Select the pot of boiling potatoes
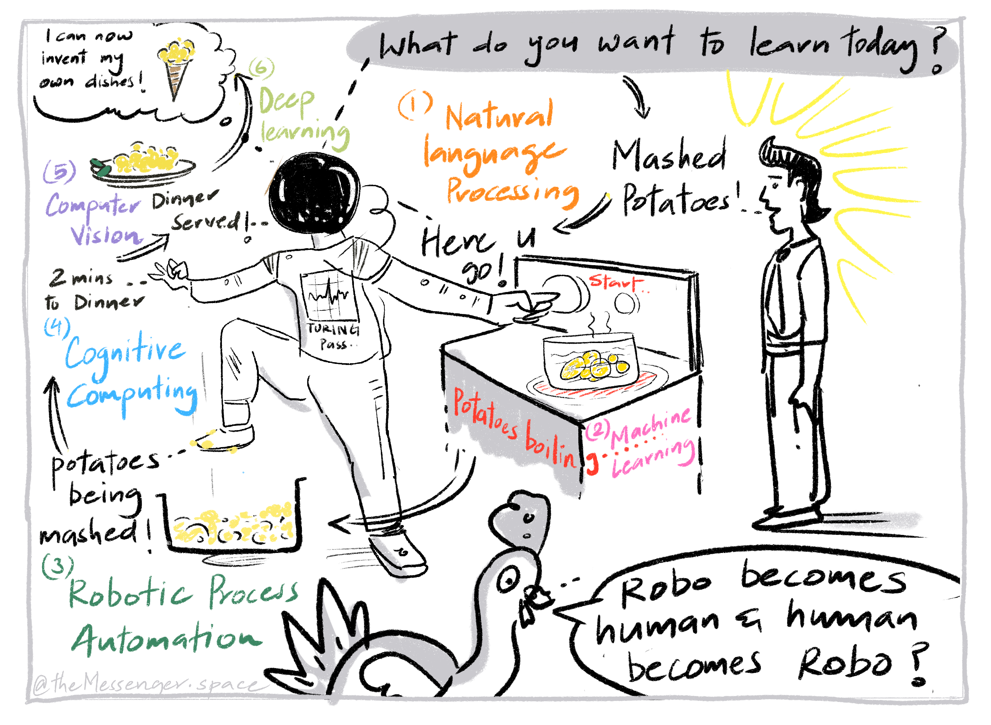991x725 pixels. click(590, 360)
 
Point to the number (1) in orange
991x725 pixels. click(414, 105)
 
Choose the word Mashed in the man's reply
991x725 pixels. click(669, 156)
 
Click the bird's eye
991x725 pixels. click(509, 582)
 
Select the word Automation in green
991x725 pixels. click(167, 639)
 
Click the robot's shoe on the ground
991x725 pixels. click(397, 553)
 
